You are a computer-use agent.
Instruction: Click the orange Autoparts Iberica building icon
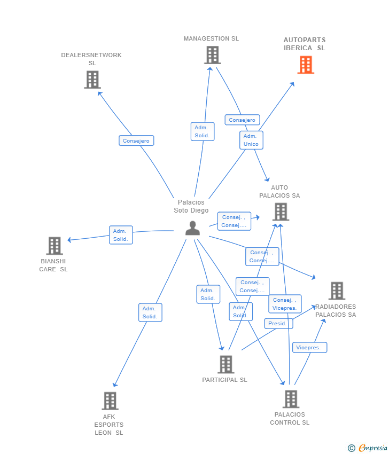click(x=306, y=65)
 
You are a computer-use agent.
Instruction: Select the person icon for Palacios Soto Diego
click(x=192, y=228)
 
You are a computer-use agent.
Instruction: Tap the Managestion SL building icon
click(x=212, y=56)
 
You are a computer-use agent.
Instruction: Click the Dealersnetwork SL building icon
click(x=92, y=80)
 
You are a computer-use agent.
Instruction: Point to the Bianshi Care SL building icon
click(x=55, y=246)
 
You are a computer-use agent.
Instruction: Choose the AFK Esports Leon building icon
click(x=110, y=401)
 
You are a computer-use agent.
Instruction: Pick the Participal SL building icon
click(x=226, y=364)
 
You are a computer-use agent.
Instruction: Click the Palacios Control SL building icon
click(x=291, y=400)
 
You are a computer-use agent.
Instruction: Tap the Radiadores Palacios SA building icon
click(x=337, y=291)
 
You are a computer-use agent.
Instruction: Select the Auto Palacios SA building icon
click(x=281, y=212)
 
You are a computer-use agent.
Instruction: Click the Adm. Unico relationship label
click(x=251, y=140)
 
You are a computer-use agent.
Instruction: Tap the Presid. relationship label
click(x=278, y=324)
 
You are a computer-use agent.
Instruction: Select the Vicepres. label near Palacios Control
click(x=309, y=348)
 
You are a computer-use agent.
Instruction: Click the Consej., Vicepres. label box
click(x=285, y=304)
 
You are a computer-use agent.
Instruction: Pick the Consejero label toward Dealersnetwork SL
click(x=136, y=140)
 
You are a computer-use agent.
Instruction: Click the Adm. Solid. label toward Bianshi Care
click(x=121, y=235)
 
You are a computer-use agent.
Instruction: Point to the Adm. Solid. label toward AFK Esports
click(x=150, y=312)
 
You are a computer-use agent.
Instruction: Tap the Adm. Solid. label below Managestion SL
click(x=203, y=131)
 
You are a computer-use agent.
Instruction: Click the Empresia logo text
click(x=373, y=448)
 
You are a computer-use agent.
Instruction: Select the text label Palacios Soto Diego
click(x=191, y=206)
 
